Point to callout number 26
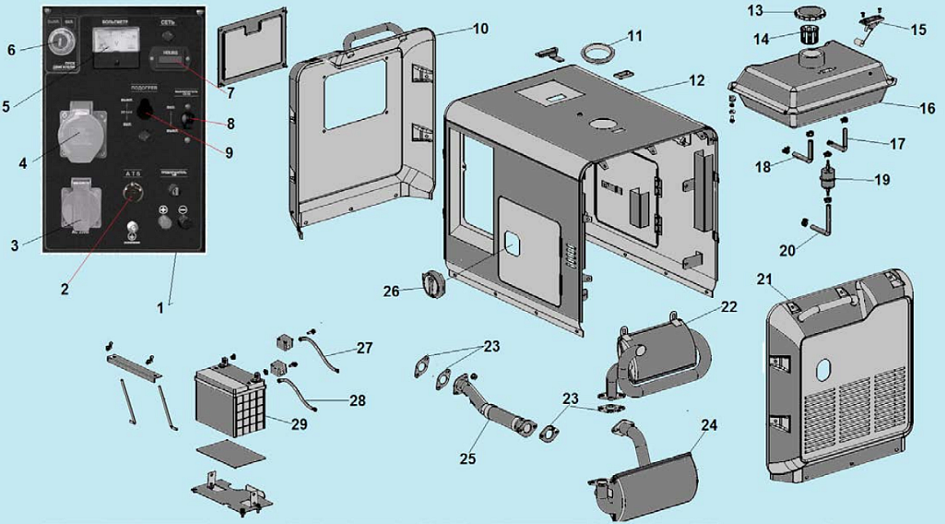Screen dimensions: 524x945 (x=392, y=292)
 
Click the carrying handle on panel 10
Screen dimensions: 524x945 (x=373, y=38)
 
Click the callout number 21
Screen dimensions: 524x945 (x=764, y=279)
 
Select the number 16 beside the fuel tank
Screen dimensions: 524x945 (x=927, y=108)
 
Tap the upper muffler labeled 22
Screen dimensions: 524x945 (x=664, y=351)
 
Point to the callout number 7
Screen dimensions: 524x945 (x=230, y=92)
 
